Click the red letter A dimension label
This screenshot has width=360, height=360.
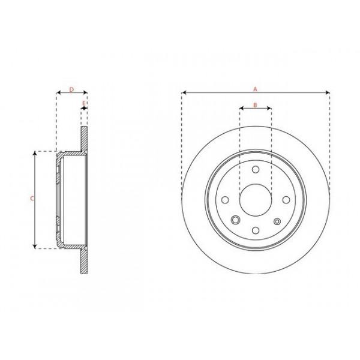pos(255,89)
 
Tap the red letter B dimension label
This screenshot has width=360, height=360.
pos(255,105)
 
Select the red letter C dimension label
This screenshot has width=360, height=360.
pos(32,198)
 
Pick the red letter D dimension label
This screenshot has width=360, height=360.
pos(71,89)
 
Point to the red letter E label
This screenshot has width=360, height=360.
pos(84,103)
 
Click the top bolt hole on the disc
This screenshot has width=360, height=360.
pos(256,170)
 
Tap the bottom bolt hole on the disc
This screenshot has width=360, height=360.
pos(256,230)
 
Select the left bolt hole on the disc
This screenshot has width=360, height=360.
pos(225,200)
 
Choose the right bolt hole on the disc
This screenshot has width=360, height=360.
pos(286,200)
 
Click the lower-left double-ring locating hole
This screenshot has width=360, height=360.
pos(236,220)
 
